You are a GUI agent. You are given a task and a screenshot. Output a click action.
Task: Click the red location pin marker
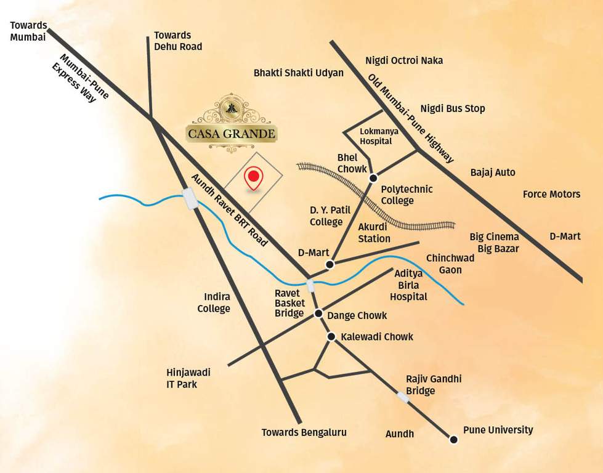[253, 179]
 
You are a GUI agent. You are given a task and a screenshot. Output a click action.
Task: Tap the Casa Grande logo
[232, 123]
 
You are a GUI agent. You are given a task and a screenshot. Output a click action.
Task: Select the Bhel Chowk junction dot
[373, 179]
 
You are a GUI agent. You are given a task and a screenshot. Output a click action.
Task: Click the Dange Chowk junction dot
[318, 314]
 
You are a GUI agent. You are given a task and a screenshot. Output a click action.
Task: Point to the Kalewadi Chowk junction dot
[331, 337]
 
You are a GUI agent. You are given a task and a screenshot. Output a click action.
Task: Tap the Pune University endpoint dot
[454, 440]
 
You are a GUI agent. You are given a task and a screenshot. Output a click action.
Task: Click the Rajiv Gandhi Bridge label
[433, 385]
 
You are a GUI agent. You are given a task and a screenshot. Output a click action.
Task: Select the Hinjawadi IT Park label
[188, 378]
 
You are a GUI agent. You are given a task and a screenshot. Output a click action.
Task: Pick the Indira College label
[213, 303]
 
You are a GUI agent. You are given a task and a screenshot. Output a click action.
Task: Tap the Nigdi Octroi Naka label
[404, 60]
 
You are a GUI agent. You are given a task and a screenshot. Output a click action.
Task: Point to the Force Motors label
[551, 194]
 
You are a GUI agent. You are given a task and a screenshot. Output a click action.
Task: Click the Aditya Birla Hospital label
[411, 285]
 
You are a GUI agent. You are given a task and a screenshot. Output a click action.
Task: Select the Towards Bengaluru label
[304, 432]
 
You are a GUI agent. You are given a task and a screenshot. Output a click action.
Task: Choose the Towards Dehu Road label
[177, 41]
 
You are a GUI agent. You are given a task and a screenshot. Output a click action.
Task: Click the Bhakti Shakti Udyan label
[299, 73]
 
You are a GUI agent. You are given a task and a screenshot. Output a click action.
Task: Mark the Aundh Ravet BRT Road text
[230, 210]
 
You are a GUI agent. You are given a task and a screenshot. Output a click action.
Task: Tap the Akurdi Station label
[374, 232]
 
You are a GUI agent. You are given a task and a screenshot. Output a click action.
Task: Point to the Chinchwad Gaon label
[444, 264]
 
